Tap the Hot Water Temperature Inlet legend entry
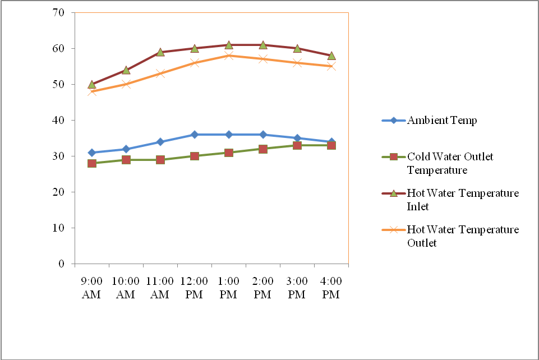(x=462, y=200)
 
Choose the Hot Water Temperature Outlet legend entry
(x=462, y=236)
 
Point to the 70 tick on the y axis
(x=59, y=12)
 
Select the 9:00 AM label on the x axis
(x=91, y=288)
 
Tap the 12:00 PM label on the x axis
(x=194, y=288)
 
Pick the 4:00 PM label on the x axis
(x=331, y=288)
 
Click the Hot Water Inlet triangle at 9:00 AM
(x=92, y=84)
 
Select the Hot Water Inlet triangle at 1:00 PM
(x=229, y=45)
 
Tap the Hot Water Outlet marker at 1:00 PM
(x=229, y=56)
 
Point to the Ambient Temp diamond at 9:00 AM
(x=92, y=153)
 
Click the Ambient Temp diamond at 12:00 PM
(x=195, y=135)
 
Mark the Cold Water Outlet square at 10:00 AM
(x=126, y=160)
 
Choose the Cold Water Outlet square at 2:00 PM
(x=263, y=149)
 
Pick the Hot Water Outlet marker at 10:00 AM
(x=126, y=84)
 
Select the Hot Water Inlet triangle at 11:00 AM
(x=160, y=52)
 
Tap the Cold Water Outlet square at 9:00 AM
(x=92, y=163)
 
